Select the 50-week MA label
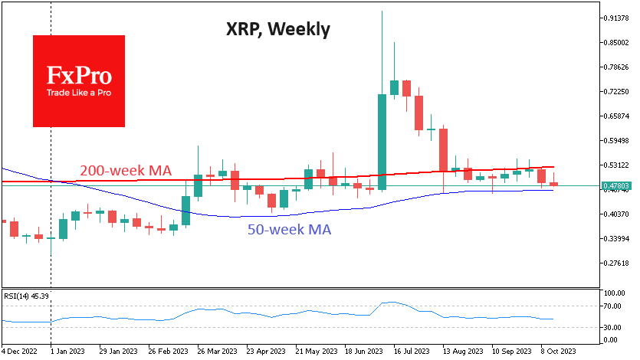click(289, 228)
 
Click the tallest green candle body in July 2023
click(382, 142)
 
